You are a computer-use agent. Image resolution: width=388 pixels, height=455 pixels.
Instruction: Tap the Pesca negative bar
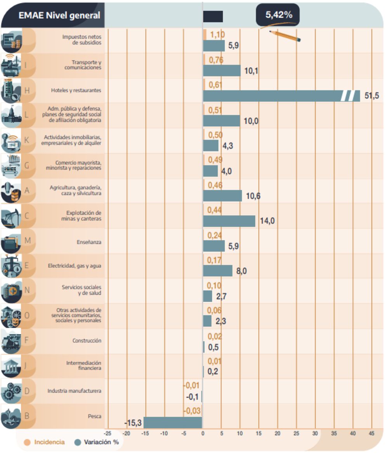(x=173, y=422)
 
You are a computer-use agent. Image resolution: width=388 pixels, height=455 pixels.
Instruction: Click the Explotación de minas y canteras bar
(x=229, y=221)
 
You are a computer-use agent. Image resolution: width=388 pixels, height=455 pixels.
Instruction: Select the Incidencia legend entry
(x=45, y=442)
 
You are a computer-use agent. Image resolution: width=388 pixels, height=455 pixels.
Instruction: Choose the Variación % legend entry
(x=97, y=442)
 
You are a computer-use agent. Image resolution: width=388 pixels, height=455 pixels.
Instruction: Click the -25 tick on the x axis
(x=108, y=433)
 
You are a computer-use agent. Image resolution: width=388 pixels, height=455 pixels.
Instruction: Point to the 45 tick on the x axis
(x=371, y=433)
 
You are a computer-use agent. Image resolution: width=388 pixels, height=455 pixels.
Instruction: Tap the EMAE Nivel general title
(x=59, y=16)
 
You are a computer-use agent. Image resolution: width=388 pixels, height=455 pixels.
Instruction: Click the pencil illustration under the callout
(x=285, y=36)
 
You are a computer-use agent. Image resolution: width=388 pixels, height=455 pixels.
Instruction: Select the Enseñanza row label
(x=89, y=242)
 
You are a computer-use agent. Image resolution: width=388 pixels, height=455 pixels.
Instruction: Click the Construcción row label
(x=87, y=341)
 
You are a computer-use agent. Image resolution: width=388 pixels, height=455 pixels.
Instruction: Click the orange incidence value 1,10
(x=217, y=35)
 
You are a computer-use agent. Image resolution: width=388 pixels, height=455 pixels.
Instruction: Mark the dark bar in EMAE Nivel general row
(x=213, y=16)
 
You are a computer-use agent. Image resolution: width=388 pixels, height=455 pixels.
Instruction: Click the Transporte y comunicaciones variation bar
(x=222, y=71)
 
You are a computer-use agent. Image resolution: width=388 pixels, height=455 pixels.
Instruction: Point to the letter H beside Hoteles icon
(x=27, y=90)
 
